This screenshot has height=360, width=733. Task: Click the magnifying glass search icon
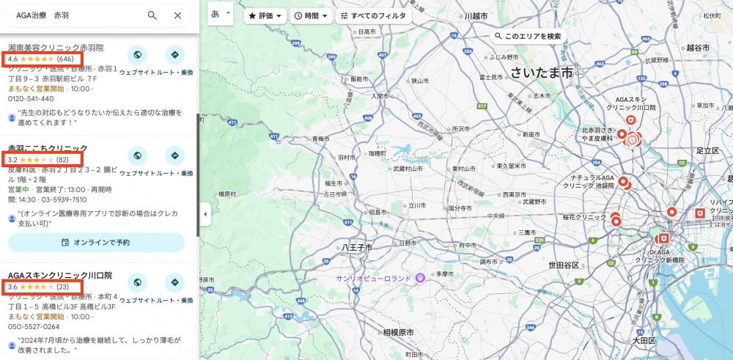(152, 15)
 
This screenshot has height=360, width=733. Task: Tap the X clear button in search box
(177, 15)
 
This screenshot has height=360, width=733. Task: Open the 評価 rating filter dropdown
(265, 15)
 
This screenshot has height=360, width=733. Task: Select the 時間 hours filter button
(310, 15)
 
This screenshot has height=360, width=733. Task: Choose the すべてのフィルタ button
(373, 15)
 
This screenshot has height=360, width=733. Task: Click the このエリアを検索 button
(527, 36)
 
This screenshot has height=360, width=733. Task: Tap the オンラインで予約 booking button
(96, 242)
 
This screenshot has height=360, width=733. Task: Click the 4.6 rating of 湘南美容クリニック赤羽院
(41, 59)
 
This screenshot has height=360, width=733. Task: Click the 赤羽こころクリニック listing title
(48, 148)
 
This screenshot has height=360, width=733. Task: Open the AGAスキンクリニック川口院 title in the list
(59, 276)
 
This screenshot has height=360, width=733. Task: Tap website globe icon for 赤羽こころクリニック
(137, 156)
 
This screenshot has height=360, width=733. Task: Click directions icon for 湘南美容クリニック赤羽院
(174, 55)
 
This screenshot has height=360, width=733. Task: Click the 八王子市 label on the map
(357, 248)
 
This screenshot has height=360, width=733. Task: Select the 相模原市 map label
(398, 332)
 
